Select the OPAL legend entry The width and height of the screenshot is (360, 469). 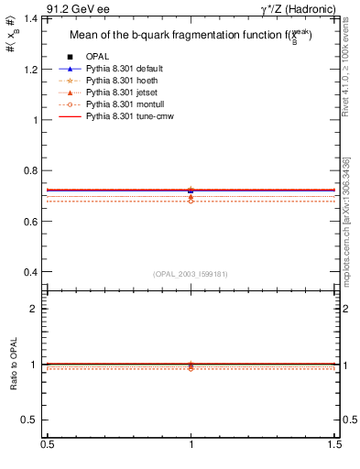[x=98, y=56]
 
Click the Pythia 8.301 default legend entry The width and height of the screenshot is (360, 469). [x=126, y=69]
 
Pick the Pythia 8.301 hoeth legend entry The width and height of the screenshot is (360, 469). [x=124, y=81]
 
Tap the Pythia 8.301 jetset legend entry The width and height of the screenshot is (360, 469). [x=124, y=93]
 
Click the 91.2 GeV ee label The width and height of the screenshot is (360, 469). [x=77, y=8]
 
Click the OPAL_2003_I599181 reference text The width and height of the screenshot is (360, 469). [x=191, y=273]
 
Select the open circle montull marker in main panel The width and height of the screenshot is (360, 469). [x=191, y=200]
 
